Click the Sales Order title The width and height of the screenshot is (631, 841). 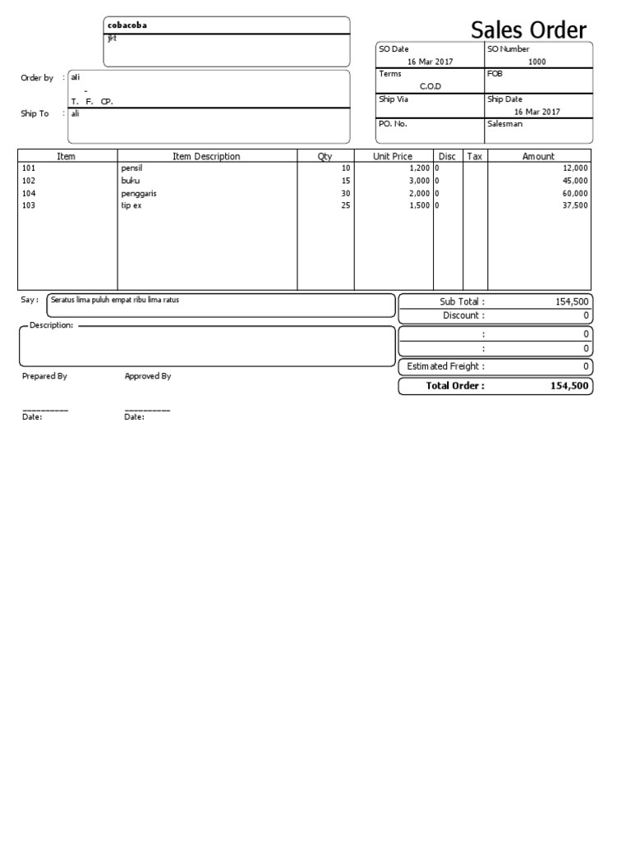coord(528,31)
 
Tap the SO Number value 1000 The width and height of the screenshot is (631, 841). coord(537,62)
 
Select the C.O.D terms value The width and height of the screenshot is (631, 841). coord(431,86)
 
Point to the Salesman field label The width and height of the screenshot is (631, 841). coord(504,124)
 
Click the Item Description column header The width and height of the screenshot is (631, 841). coord(206,156)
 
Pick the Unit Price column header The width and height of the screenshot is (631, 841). coord(393,156)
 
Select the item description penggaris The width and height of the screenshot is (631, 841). coord(138,193)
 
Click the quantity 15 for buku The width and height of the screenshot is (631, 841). coord(345,181)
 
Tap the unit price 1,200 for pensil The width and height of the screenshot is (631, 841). coord(419,168)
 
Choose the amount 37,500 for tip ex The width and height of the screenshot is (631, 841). coord(575,205)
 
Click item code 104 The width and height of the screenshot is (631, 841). coord(29,193)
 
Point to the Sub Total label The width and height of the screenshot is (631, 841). coord(462,302)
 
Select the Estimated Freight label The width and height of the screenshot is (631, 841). coord(445,366)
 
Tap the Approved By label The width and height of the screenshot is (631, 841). coord(147,376)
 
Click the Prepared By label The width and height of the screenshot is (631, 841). coord(44,376)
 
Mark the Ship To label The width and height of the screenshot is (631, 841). coord(35,114)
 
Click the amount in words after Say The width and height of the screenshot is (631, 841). coord(114,300)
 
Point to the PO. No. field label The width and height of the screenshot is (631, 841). coord(393,124)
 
